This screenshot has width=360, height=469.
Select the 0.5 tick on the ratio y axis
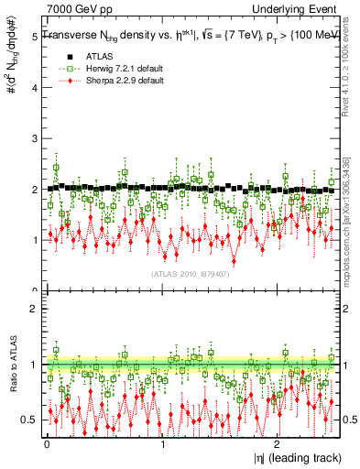28,420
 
